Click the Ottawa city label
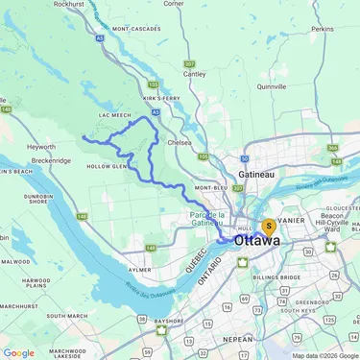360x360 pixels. point(256,241)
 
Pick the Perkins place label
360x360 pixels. point(323,30)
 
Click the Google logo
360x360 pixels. point(18,352)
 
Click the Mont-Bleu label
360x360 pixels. point(210,187)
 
